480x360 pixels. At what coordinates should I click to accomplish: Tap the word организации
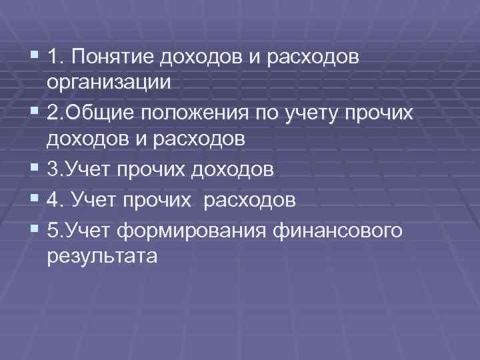110,83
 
